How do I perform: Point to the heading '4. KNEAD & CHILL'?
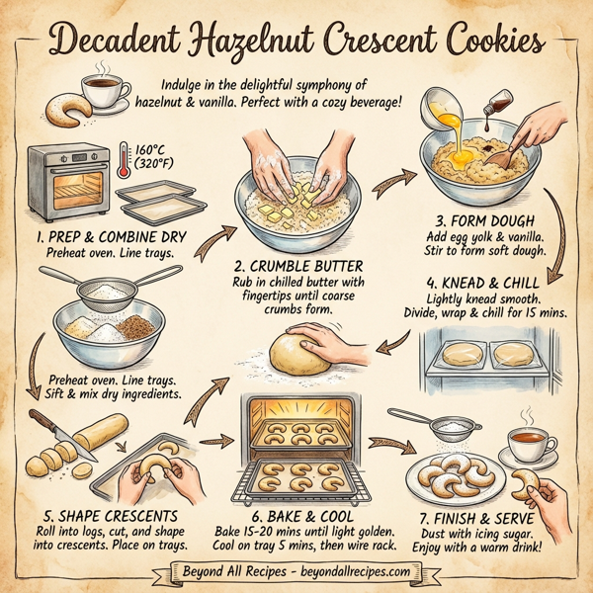pyautogui.click(x=491, y=282)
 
